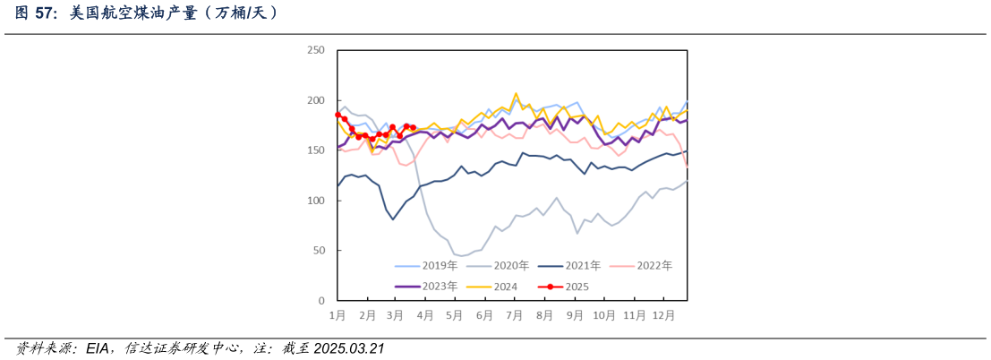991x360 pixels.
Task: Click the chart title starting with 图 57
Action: click(x=148, y=13)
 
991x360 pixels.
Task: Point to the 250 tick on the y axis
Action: click(x=316, y=50)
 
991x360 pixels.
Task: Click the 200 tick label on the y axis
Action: click(x=316, y=100)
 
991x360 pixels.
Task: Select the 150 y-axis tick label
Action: click(x=316, y=150)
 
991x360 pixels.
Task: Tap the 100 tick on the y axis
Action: click(x=316, y=201)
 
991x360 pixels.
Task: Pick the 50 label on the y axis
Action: click(x=319, y=251)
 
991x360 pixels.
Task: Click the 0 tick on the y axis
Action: click(x=321, y=301)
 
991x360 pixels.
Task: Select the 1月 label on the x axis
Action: click(x=337, y=316)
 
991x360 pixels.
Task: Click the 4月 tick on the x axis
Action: click(x=425, y=316)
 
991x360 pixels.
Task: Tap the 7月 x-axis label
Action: click(x=514, y=316)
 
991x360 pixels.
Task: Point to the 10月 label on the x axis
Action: click(x=604, y=316)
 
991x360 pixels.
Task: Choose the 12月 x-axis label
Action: click(x=663, y=316)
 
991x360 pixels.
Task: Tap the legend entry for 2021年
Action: click(x=583, y=266)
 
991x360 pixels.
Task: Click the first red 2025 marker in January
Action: click(x=338, y=115)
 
